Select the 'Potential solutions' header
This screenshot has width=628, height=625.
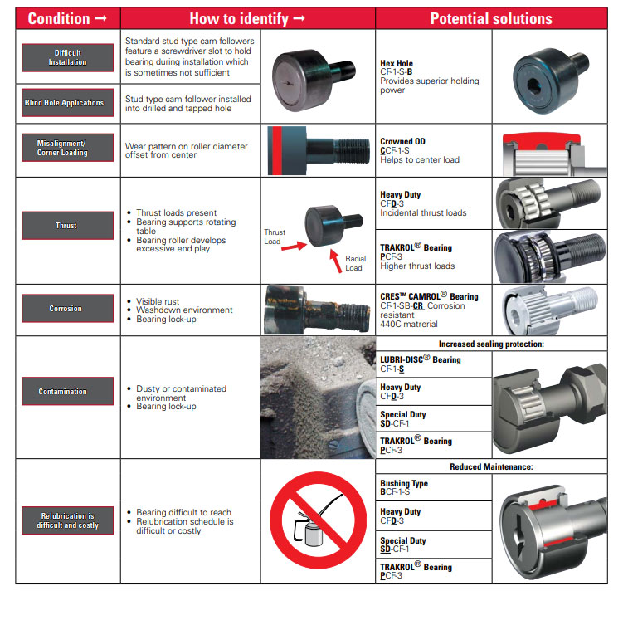491,18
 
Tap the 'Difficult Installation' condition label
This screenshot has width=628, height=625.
68,58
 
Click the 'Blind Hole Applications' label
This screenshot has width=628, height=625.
68,103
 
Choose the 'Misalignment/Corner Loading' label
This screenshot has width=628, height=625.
68,148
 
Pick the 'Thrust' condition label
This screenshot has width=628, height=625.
68,226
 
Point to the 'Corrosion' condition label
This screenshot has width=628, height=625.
68,309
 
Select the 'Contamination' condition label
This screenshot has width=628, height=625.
68,392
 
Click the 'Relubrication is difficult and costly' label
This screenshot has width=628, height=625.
68,520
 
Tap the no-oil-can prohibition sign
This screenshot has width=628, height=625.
319,520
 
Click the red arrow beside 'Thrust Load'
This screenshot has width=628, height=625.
295,246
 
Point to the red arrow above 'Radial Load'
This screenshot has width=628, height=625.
336,261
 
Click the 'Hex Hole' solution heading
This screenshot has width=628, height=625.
397,63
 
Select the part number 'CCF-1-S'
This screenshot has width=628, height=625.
395,150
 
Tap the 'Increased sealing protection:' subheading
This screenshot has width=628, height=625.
491,344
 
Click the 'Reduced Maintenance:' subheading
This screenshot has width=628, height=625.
491,466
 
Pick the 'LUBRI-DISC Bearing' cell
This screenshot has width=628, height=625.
434,364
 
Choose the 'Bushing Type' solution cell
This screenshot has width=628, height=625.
434,487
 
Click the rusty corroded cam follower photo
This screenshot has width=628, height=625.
318,310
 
